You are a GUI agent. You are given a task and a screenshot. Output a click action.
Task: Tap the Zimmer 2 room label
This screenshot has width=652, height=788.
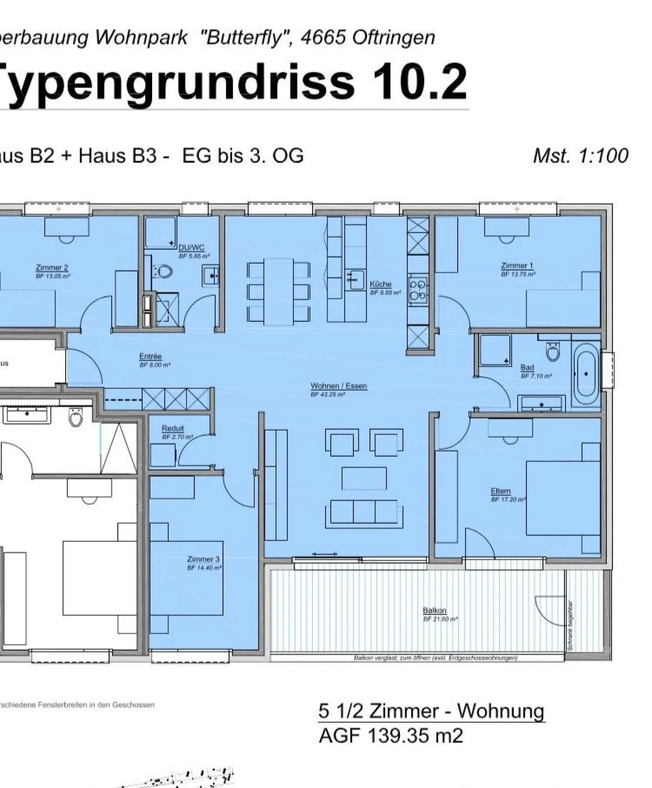point(52,267)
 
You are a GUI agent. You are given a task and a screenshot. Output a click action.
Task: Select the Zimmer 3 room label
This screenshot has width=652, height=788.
point(203,559)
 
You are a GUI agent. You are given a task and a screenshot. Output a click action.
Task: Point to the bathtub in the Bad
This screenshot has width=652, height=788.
point(585,374)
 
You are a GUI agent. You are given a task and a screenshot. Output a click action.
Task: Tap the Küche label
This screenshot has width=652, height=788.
point(380,284)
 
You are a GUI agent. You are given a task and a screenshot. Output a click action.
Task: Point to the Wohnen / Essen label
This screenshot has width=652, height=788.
point(339,386)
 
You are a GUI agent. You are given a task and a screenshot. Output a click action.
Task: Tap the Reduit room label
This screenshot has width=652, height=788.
point(173,428)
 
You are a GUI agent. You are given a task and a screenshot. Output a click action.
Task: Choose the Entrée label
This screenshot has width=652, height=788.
point(150,357)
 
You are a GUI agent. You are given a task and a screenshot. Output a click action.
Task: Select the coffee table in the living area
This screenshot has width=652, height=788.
point(364,479)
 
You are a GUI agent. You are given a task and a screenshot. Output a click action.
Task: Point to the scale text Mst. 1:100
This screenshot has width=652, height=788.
point(580,156)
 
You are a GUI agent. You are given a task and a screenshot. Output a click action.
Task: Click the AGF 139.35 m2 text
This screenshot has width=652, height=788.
point(391,735)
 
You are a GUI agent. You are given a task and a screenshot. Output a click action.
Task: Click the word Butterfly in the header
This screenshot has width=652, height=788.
point(244,38)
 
